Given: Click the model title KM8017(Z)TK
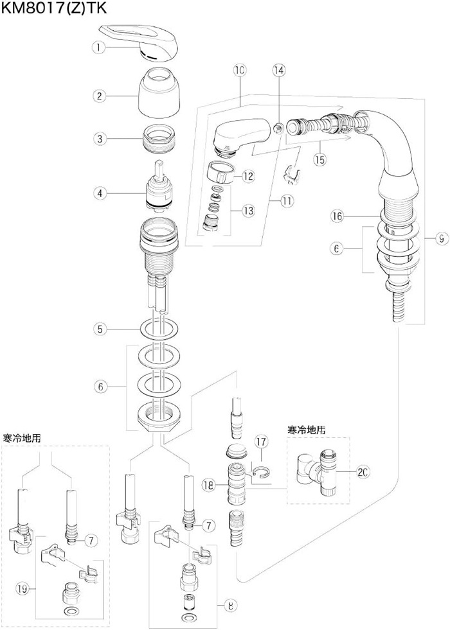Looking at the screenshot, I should coord(54,8).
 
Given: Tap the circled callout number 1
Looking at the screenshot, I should coord(98,47).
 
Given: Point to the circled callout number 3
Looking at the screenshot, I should coord(98,138).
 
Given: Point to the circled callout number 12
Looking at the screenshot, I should coord(248,176).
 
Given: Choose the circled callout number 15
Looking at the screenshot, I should coord(319,160).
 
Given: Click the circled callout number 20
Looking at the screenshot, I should coord(363,472).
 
